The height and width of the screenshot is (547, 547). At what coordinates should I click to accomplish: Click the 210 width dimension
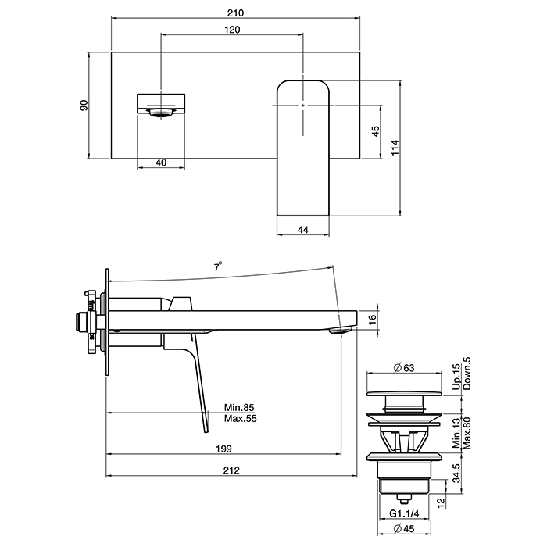point(235,13)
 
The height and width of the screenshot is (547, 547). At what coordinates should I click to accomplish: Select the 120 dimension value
point(232,30)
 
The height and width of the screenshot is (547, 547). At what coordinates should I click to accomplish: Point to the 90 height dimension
point(84,105)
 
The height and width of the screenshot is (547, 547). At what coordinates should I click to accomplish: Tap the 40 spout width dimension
point(161,163)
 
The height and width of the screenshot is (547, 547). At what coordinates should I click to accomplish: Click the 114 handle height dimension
point(395,148)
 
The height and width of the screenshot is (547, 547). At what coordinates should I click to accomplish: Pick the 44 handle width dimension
point(303,230)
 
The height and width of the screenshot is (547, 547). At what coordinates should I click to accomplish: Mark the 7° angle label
point(218,267)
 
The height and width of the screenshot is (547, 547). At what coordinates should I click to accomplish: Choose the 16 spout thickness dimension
point(372,320)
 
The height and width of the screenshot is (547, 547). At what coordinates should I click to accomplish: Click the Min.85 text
point(239,407)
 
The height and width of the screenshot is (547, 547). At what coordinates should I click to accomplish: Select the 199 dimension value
point(223,449)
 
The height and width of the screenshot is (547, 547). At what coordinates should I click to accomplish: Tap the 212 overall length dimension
point(231,470)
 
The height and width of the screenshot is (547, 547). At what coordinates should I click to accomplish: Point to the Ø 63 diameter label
point(404,368)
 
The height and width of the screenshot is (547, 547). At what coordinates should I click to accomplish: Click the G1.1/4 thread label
point(404,513)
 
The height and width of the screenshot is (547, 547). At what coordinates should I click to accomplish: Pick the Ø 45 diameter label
point(404,529)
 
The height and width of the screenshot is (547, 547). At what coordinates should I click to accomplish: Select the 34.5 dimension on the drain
point(456,473)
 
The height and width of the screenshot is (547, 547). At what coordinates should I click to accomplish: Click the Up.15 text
point(456,377)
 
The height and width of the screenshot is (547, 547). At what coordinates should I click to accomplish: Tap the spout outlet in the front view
point(161,112)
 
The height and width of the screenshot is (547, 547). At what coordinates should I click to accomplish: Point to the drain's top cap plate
point(404,394)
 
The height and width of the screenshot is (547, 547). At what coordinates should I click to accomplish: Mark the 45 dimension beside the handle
point(375,131)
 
